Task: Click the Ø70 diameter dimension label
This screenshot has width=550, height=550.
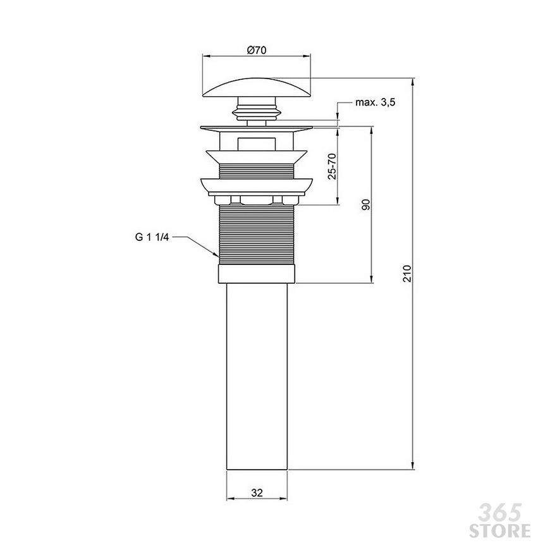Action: coord(257,50)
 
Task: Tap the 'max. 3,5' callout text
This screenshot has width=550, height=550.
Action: coord(376,102)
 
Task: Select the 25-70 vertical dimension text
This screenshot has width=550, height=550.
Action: coord(332,166)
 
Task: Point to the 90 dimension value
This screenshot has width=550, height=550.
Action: coord(365,204)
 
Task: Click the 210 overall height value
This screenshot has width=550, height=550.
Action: coord(407,273)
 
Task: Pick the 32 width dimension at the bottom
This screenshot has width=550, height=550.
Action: coord(257,493)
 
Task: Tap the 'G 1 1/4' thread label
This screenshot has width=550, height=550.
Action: coord(152,238)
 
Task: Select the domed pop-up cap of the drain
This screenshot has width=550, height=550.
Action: coord(257,87)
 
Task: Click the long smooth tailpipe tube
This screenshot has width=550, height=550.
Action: coord(257,376)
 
